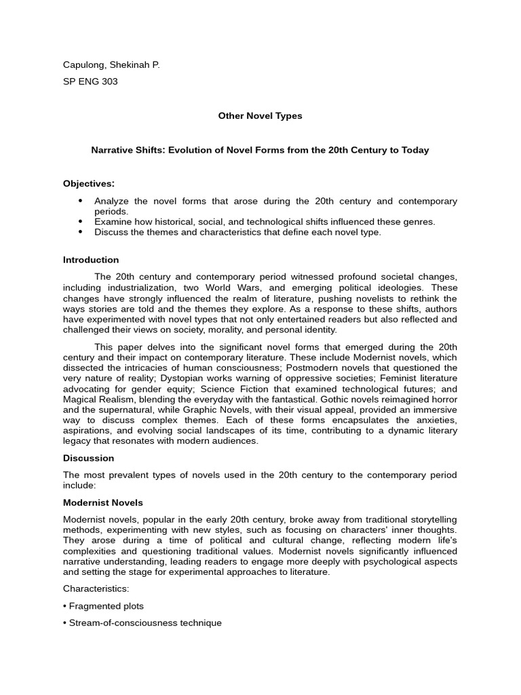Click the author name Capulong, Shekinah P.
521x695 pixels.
point(111,64)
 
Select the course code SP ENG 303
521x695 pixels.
point(90,82)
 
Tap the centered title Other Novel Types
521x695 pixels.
point(260,116)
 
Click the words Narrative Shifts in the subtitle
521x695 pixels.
point(124,150)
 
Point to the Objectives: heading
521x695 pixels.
point(89,184)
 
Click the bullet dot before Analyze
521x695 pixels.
point(80,201)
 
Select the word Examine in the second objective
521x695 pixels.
point(112,222)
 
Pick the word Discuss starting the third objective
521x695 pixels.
point(111,232)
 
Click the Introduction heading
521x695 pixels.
point(91,260)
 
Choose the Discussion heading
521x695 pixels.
point(88,458)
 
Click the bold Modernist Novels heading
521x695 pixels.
point(103,503)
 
